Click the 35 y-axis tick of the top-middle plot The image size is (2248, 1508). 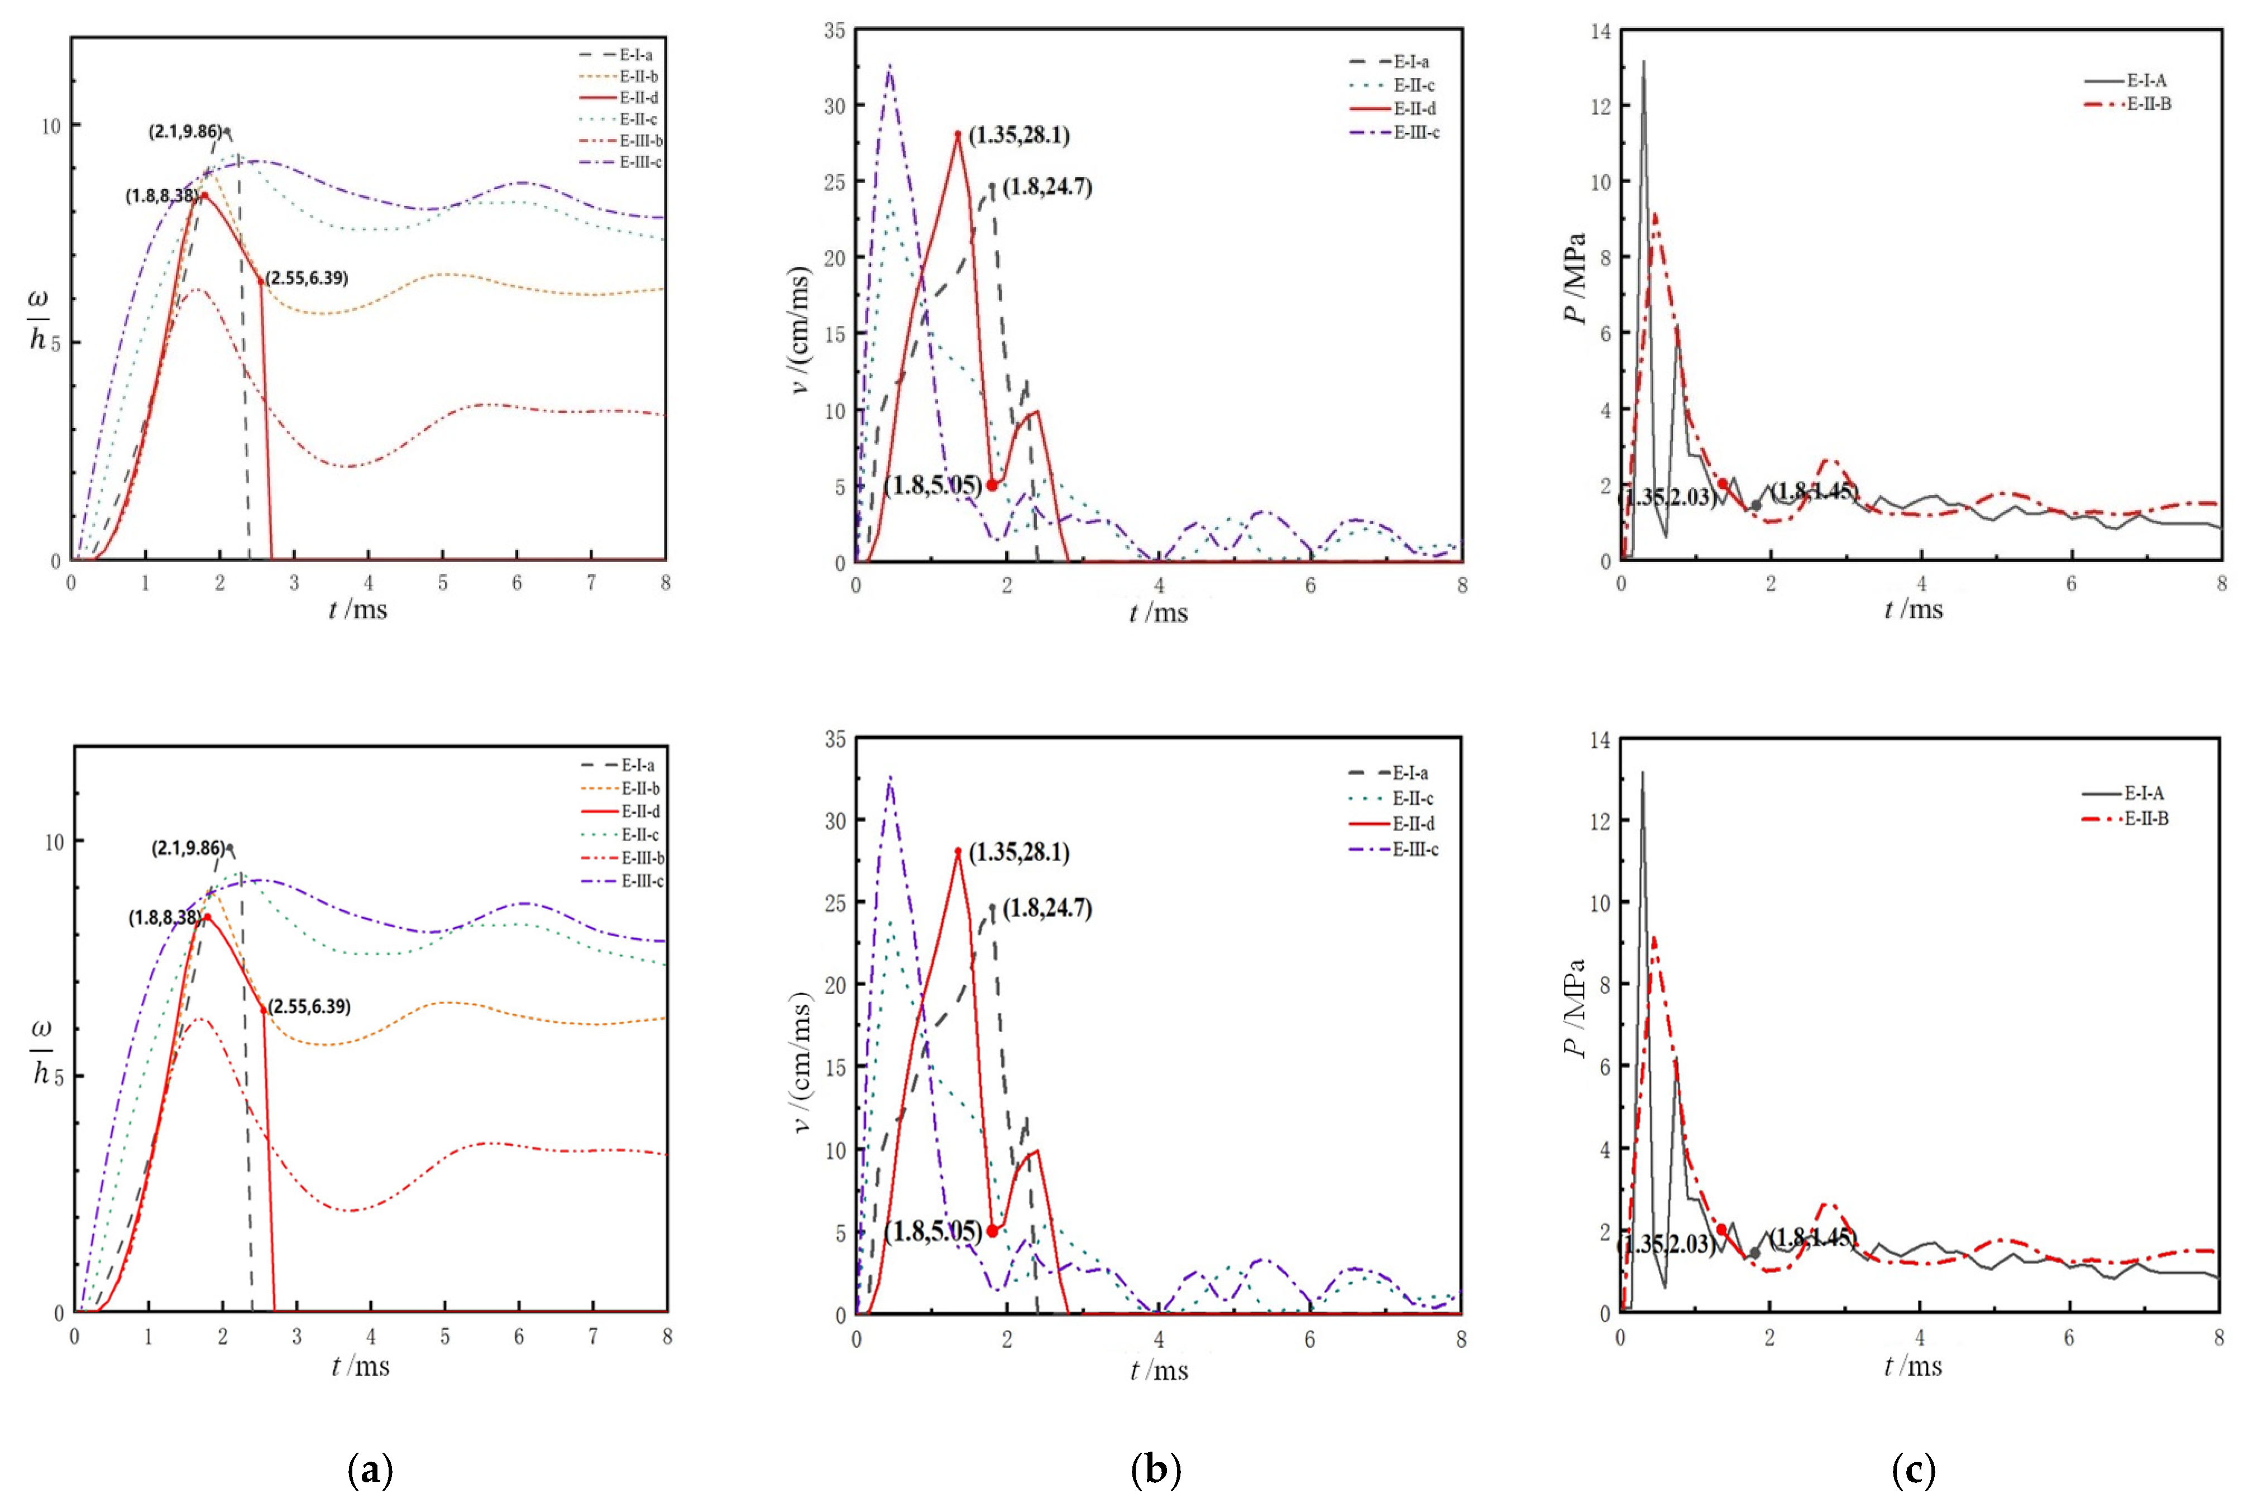click(835, 31)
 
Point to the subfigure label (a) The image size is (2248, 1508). click(370, 1469)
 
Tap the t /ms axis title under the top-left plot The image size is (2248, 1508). click(358, 610)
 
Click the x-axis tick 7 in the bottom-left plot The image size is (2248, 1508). click(594, 1337)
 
